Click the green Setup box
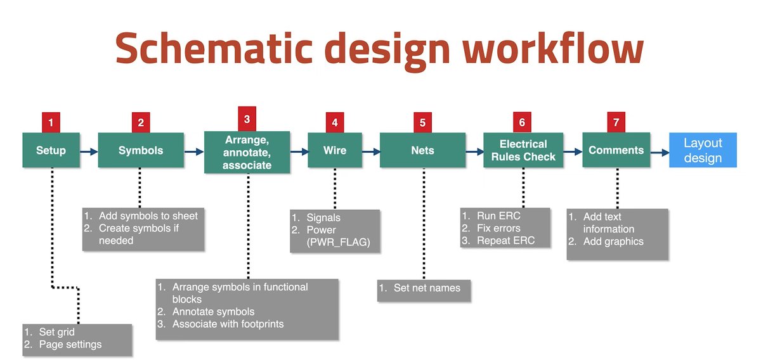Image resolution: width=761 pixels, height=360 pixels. coord(50,150)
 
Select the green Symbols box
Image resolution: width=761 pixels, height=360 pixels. coord(141,150)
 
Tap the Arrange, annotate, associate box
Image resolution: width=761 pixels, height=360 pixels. coord(247,152)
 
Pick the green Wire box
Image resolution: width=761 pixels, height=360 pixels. coord(334,150)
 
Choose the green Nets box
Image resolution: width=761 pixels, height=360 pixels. coord(422,150)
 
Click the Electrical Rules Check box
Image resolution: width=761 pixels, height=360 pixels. coord(523,150)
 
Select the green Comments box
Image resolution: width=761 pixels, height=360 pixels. coord(616,150)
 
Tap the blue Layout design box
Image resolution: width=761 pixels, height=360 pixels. coord(703,150)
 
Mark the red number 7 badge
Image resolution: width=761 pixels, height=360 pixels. coord(616,121)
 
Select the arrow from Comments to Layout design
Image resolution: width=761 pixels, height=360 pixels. coord(659,151)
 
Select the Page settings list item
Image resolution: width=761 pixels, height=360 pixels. coord(70,344)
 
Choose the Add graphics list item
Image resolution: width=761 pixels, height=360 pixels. coord(613,241)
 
